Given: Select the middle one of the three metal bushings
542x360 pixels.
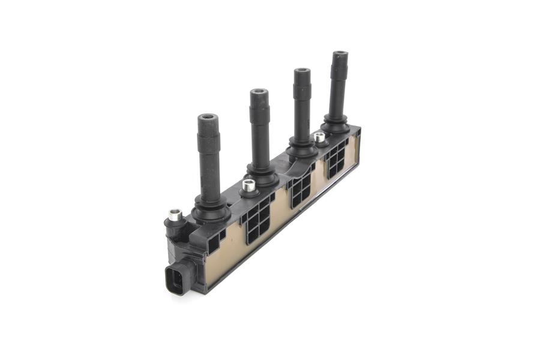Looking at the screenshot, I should pyautogui.click(x=249, y=185).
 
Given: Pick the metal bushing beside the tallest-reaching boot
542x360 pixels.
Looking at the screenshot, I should pyautogui.click(x=320, y=137).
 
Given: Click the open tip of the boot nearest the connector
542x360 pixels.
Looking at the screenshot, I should pyautogui.click(x=208, y=118).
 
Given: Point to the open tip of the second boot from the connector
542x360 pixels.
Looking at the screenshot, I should pyautogui.click(x=259, y=92).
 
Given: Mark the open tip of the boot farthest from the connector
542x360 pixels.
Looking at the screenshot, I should pyautogui.click(x=340, y=55).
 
